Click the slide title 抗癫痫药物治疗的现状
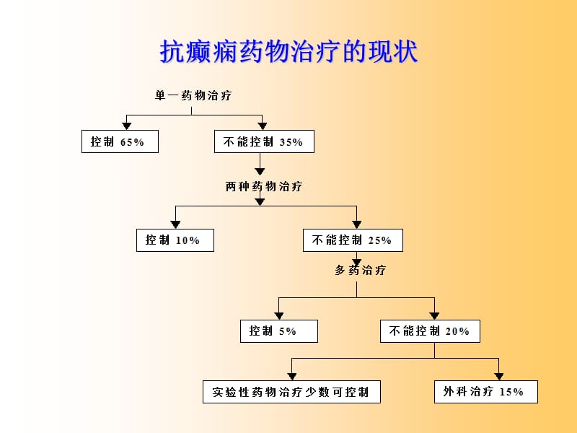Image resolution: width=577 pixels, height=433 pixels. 288,52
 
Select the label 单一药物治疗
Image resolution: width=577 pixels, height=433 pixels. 193,95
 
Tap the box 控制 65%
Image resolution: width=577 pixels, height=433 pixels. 120,142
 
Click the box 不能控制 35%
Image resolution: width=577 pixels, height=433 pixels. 264,142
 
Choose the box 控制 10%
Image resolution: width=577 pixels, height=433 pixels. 175,240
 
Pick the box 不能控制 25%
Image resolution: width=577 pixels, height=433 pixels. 353,240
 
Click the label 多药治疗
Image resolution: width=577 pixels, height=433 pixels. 361,271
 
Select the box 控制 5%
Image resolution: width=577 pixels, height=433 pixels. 278,331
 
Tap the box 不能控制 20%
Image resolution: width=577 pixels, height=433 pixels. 431,331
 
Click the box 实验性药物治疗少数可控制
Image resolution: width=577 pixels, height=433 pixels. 291,392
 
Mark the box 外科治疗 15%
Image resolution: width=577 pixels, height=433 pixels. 486,392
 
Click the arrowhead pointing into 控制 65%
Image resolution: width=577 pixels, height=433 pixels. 127,126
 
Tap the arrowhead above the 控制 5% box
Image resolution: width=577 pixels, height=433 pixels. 278,315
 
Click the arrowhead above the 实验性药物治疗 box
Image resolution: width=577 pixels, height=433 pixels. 291,376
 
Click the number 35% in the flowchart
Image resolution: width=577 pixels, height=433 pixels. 291,143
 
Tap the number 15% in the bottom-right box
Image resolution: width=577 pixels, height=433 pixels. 511,393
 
